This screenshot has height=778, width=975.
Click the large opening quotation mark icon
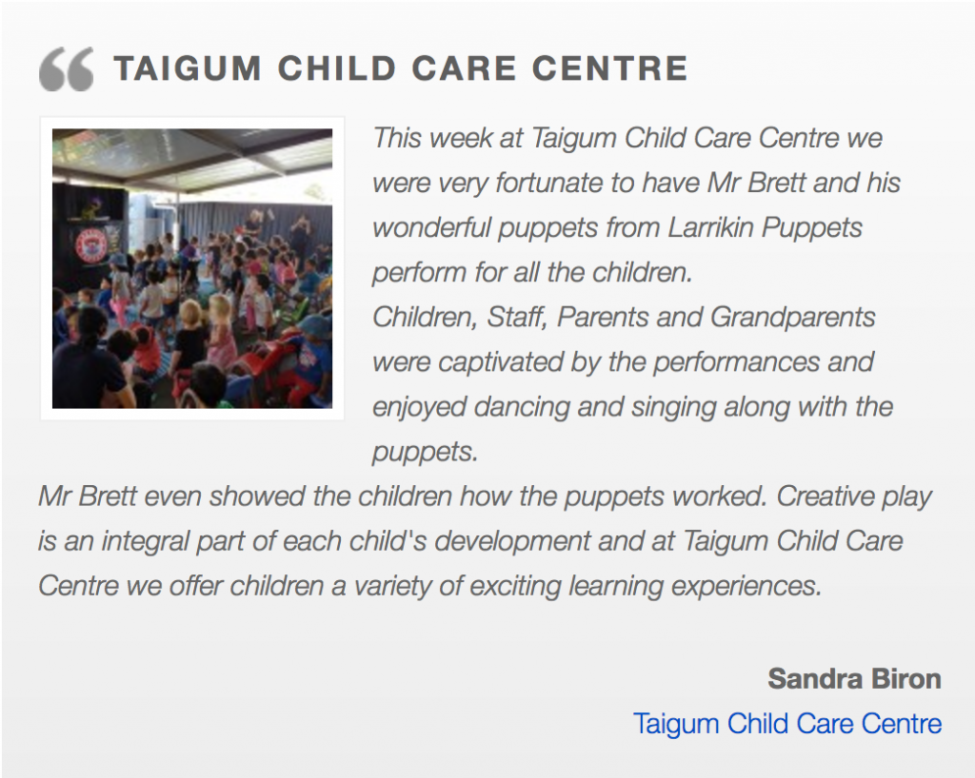click(x=66, y=68)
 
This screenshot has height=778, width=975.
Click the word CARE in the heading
click(x=464, y=68)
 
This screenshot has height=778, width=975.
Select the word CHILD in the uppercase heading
click(x=336, y=68)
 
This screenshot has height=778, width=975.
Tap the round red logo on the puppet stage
click(x=90, y=245)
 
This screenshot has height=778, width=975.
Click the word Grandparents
click(x=793, y=318)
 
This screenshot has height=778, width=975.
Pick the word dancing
click(x=522, y=408)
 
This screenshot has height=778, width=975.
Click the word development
click(x=512, y=542)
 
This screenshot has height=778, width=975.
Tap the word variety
click(x=393, y=587)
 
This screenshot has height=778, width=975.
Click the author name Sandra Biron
click(x=854, y=679)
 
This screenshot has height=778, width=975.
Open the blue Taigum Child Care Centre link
click(x=787, y=724)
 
